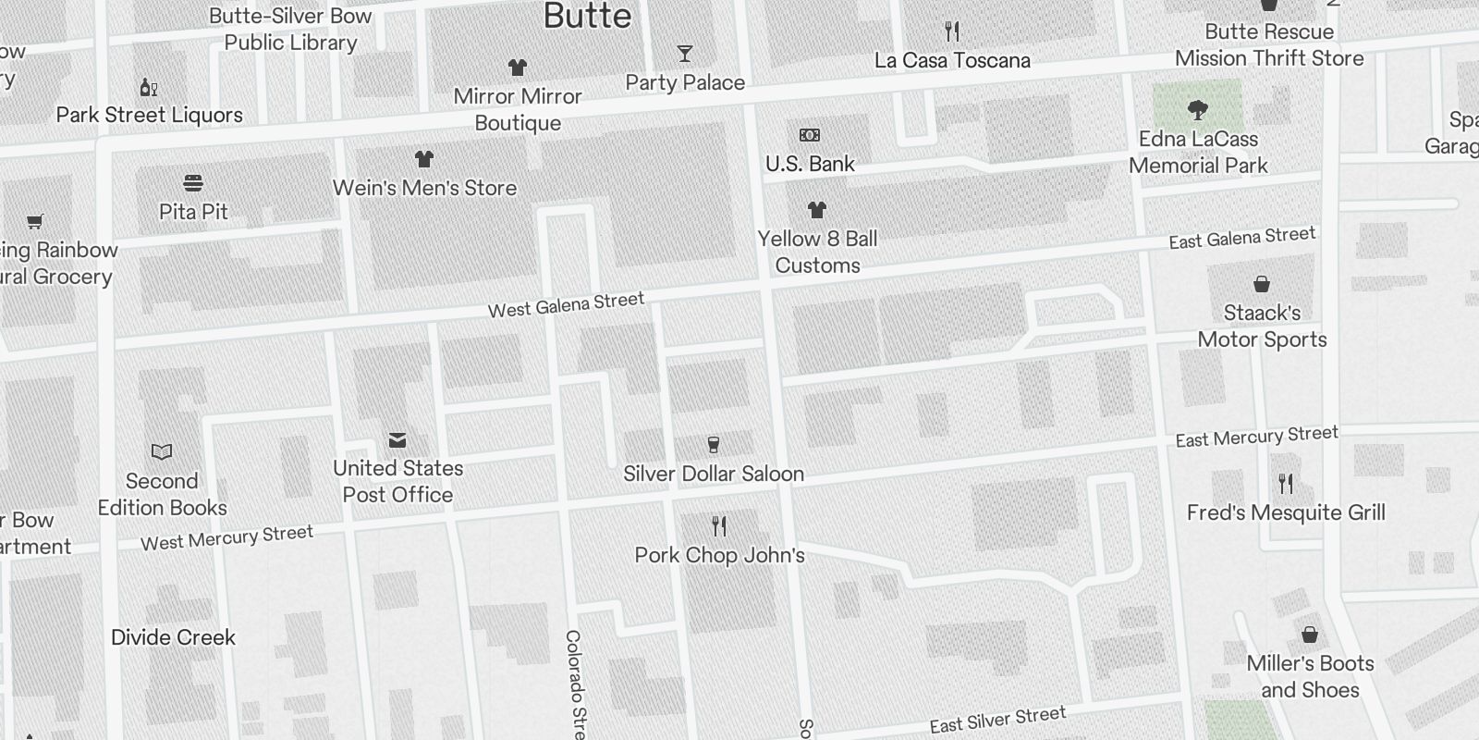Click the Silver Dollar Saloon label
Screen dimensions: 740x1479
coord(713,474)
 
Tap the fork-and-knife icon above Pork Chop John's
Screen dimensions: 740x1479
coord(719,526)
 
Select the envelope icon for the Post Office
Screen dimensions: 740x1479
coord(397,439)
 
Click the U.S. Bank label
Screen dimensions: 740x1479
coord(810,164)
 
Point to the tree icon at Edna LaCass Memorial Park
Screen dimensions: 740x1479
coord(1198,110)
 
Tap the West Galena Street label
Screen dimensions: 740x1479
coord(566,304)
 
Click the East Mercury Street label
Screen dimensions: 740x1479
coord(1256,436)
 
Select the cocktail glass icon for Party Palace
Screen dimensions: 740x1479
coord(684,54)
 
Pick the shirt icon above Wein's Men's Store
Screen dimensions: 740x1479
coord(424,159)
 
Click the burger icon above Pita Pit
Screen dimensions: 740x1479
coord(193,182)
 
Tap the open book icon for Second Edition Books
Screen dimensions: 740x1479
coord(162,451)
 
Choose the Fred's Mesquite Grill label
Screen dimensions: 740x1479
coord(1286,512)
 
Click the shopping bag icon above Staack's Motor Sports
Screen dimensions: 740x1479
coord(1262,283)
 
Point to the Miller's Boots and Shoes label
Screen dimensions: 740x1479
coord(1310,676)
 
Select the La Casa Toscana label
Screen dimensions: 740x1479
coord(952,60)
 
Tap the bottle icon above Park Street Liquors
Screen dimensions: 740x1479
coord(149,87)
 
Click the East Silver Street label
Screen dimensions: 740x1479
coord(997,719)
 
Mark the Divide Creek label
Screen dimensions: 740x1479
coord(173,637)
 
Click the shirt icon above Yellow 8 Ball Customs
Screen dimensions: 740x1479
coord(816,210)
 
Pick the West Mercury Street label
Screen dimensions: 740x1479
coord(226,537)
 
